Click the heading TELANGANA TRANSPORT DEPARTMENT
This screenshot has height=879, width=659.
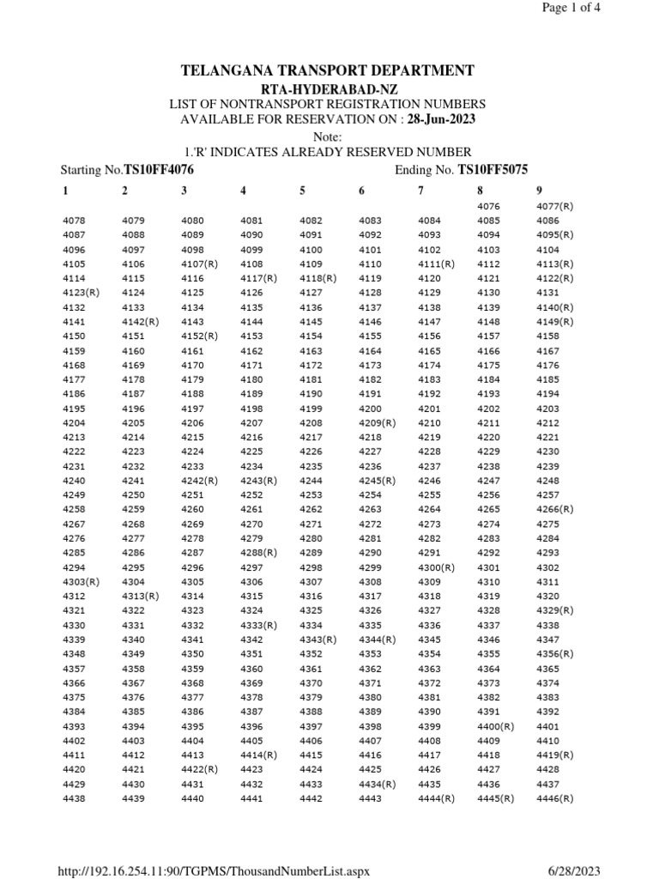click(329, 70)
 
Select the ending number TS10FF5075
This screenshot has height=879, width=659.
click(493, 170)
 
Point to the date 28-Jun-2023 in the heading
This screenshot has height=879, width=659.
click(442, 119)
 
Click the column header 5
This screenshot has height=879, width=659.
click(302, 191)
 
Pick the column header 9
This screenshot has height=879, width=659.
click(539, 191)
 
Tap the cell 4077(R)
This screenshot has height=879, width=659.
click(554, 206)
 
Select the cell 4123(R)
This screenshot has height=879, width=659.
click(82, 293)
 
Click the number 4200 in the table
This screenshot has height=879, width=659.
click(370, 409)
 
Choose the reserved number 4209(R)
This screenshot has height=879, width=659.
click(377, 423)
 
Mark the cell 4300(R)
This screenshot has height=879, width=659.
click(436, 567)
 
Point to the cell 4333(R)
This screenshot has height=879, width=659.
click(258, 626)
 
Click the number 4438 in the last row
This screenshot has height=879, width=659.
click(74, 799)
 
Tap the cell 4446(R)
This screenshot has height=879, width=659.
click(554, 799)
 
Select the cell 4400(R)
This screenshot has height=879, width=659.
click(495, 726)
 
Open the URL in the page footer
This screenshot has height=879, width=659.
click(213, 871)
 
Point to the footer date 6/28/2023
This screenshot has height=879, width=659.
click(575, 871)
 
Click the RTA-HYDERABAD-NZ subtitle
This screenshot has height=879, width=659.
click(329, 89)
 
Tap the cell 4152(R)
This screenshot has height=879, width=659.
click(199, 336)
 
